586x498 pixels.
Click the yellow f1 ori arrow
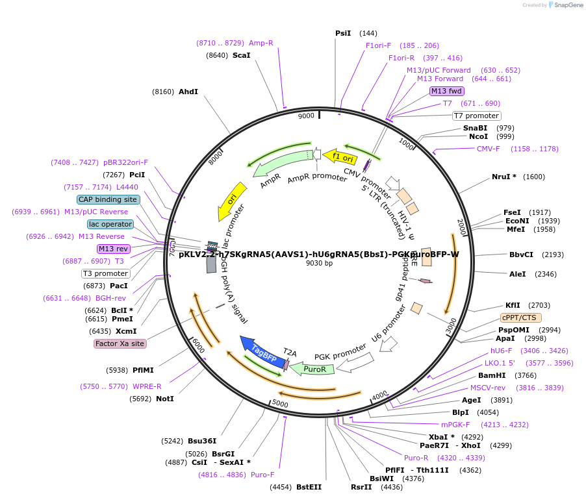click(x=340, y=156)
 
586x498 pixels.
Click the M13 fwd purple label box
click(x=447, y=91)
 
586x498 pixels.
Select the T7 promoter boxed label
click(x=476, y=116)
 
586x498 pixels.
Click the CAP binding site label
click(x=108, y=199)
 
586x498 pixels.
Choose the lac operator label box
click(x=110, y=224)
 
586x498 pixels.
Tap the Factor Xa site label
click(x=120, y=343)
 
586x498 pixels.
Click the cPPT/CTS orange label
click(x=519, y=317)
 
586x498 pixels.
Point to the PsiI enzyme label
click(x=342, y=33)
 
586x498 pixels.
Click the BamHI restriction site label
click(x=492, y=375)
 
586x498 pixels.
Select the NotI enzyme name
click(x=165, y=399)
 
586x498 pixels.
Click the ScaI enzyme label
click(x=241, y=55)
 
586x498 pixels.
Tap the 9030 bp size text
click(x=319, y=263)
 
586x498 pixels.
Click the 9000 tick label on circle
click(x=306, y=116)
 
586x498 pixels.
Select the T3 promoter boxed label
click(x=105, y=273)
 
